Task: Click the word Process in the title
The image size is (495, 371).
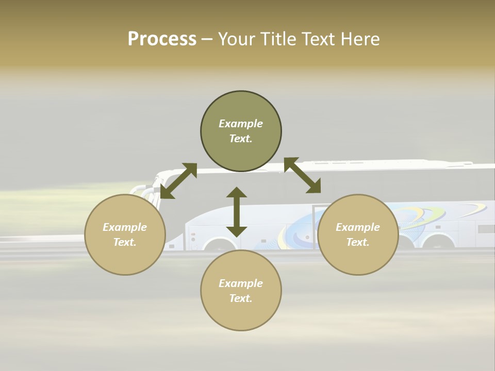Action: pos(162,39)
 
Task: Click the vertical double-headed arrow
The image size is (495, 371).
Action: pos(237,212)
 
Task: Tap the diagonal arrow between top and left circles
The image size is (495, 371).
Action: pos(178,181)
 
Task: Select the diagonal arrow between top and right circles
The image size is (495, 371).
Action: pos(303,176)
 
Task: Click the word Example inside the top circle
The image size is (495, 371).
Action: pos(241,124)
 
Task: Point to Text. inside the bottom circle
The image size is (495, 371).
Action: pos(241,298)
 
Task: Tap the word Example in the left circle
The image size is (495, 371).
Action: pos(125,227)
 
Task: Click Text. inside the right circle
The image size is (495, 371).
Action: pos(358,242)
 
